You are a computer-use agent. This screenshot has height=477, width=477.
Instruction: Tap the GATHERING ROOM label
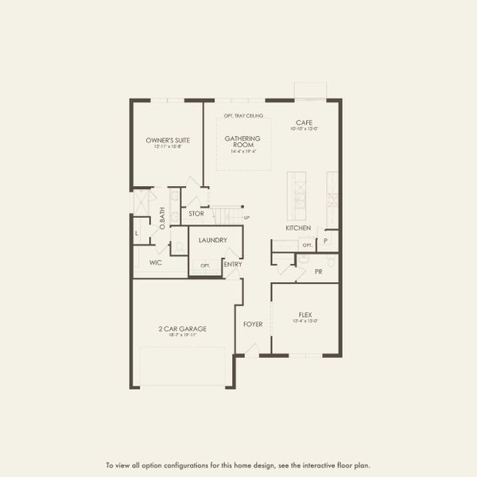(x=242, y=142)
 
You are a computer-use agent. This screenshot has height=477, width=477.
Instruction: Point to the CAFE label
(x=304, y=122)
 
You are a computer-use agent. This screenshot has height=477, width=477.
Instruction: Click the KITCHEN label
(x=298, y=228)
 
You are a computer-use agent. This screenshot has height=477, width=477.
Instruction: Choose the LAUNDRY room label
(x=213, y=239)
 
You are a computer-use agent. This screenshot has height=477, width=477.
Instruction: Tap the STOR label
(x=196, y=213)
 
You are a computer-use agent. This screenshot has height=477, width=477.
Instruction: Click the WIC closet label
(x=156, y=262)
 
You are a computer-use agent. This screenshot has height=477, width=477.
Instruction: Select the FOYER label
(x=253, y=324)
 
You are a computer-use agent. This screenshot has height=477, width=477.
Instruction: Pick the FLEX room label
(x=306, y=314)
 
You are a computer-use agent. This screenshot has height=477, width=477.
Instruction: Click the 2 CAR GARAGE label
(x=182, y=328)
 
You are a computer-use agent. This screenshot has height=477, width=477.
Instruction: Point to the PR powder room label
(x=318, y=271)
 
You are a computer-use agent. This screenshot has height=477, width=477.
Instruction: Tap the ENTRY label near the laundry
(x=233, y=265)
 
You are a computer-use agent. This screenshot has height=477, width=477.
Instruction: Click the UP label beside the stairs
(x=246, y=217)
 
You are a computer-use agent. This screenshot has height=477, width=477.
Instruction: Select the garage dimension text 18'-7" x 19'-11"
(x=182, y=335)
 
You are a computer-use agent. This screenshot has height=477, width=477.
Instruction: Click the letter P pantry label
(x=325, y=242)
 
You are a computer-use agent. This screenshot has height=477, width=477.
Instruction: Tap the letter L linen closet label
(x=137, y=233)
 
